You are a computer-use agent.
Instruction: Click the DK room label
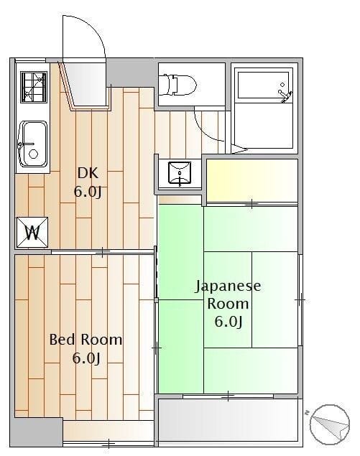click(88, 173)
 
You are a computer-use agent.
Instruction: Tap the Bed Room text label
click(86, 340)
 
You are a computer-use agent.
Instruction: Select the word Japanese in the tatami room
click(228, 286)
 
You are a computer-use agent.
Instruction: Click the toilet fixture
click(177, 85)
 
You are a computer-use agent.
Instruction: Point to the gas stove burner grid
click(34, 87)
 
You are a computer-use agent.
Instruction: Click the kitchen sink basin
click(33, 144)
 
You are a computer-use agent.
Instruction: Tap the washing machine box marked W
click(32, 233)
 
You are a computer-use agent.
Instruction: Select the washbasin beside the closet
click(180, 173)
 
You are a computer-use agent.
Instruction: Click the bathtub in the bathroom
click(264, 85)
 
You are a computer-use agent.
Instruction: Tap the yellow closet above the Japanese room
click(252, 180)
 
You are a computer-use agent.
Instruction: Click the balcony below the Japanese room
click(229, 421)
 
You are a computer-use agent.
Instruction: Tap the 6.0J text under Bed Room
click(86, 358)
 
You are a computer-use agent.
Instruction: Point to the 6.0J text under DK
click(88, 192)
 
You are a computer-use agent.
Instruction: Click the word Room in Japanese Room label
click(228, 304)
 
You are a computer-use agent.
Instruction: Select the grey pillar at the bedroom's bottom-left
click(37, 432)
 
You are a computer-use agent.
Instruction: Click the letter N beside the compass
click(306, 412)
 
